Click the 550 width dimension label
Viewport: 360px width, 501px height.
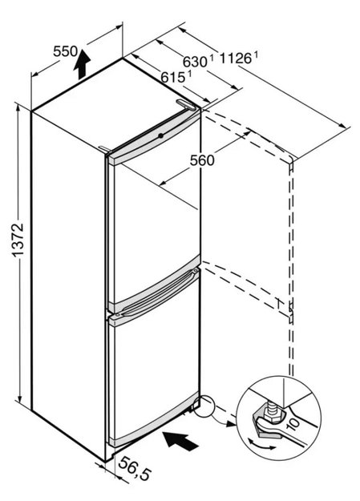65,51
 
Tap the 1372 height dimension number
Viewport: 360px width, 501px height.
18,240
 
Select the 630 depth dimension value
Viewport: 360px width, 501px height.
195,61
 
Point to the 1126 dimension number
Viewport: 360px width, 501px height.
236,59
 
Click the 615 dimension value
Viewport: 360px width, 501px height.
173,77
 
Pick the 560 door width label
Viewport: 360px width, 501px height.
202,160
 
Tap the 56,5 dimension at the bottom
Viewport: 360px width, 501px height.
134,469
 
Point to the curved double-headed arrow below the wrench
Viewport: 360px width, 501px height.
262,444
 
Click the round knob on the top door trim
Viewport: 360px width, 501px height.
161,135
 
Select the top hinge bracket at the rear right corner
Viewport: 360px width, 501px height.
185,105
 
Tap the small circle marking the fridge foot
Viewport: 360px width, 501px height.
204,406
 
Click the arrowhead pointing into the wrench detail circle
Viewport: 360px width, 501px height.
231,424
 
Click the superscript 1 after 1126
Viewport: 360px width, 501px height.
256,55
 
